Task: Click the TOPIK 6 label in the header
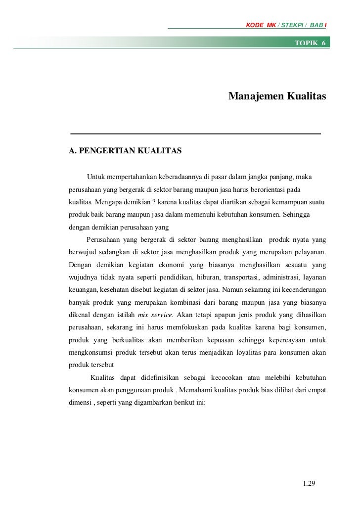[x=310, y=43]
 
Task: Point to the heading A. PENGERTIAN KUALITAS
[x=126, y=150]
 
